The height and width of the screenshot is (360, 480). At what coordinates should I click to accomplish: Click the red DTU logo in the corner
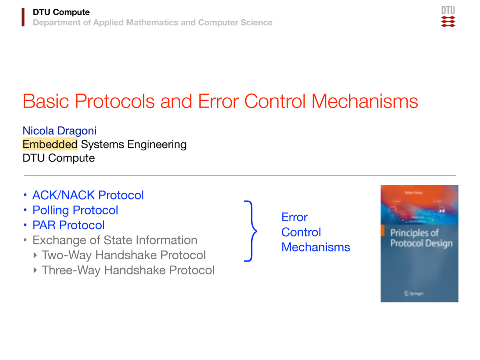[x=448, y=17]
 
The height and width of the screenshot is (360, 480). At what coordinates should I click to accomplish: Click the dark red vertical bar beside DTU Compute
[x=23, y=18]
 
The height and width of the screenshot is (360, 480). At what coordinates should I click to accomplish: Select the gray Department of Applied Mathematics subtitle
[x=152, y=23]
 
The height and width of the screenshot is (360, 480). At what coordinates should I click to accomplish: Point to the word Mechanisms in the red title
[x=364, y=102]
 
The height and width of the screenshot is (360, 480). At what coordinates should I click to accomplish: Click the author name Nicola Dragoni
[x=60, y=131]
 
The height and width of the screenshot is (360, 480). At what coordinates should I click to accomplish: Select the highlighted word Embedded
[x=50, y=144]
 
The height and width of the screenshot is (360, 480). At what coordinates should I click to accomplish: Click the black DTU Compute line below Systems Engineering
[x=59, y=158]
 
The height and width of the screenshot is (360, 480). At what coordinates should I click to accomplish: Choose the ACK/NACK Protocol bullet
[x=88, y=195]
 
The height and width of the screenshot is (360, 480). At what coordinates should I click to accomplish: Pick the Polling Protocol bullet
[x=75, y=210]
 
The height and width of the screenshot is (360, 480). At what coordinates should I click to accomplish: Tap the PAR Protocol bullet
[x=68, y=225]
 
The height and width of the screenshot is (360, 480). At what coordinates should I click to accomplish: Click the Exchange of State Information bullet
[x=115, y=240]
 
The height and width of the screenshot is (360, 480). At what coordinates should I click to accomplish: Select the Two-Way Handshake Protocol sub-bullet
[x=124, y=255]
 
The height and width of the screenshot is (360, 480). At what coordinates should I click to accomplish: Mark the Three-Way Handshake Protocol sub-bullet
[x=128, y=270]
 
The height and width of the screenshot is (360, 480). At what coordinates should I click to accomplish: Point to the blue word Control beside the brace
[x=301, y=232]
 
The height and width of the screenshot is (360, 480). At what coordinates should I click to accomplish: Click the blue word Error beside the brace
[x=294, y=217]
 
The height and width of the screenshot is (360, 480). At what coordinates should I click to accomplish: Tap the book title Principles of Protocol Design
[x=421, y=238]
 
